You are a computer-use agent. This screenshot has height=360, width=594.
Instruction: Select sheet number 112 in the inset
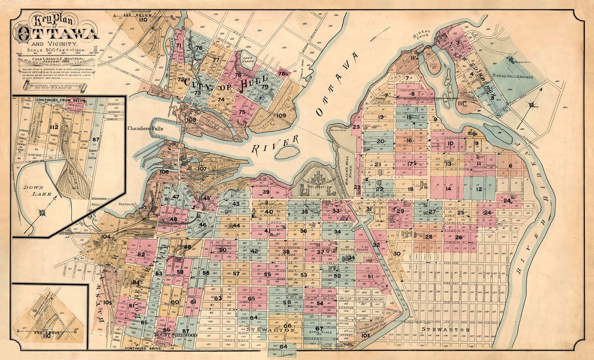coord(53,127)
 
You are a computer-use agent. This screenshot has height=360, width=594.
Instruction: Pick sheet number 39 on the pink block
coord(266,192)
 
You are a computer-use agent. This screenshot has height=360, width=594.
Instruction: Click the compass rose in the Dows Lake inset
coord(43,212)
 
